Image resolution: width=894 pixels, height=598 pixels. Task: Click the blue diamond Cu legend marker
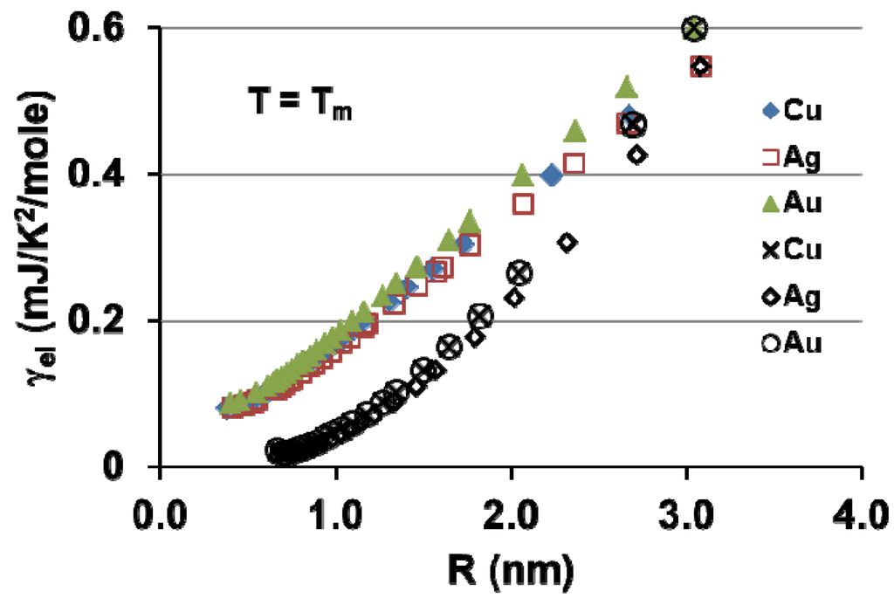pos(771,111)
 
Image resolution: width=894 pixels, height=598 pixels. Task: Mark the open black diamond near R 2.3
pos(567,242)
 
